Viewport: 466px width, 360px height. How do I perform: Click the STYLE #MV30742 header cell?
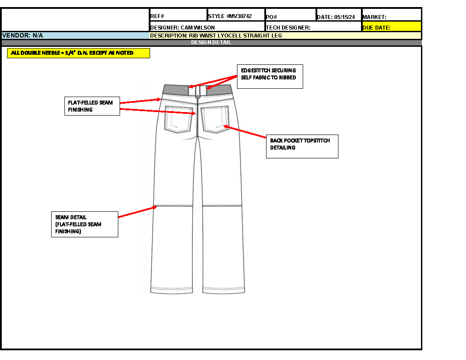click(x=236, y=16)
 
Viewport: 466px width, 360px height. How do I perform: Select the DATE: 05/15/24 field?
click(x=338, y=17)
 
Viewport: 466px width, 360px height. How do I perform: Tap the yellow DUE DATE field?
click(x=391, y=27)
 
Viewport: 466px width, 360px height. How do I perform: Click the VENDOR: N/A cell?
click(x=75, y=35)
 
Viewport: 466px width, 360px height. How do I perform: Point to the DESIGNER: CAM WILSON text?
click(x=183, y=27)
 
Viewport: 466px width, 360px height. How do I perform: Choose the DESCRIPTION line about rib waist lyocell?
click(x=216, y=35)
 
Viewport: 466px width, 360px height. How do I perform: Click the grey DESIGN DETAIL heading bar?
click(x=211, y=43)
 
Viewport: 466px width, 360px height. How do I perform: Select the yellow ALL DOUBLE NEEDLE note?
click(x=79, y=53)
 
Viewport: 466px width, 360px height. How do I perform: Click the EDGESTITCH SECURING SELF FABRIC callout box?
click(x=270, y=77)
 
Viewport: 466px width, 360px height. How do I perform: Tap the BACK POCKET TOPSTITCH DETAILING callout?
click(x=302, y=146)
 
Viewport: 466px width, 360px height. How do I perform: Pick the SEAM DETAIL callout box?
click(x=84, y=224)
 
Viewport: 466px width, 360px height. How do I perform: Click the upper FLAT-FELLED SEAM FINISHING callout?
click(x=92, y=106)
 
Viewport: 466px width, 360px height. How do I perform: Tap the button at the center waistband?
click(x=197, y=95)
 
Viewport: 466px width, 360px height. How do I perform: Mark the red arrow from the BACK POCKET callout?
click(x=245, y=131)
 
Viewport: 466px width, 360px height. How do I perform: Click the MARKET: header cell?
click(x=391, y=17)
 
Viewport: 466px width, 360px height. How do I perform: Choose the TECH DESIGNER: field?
click(x=313, y=27)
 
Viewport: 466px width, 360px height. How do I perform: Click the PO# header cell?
click(x=290, y=17)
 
